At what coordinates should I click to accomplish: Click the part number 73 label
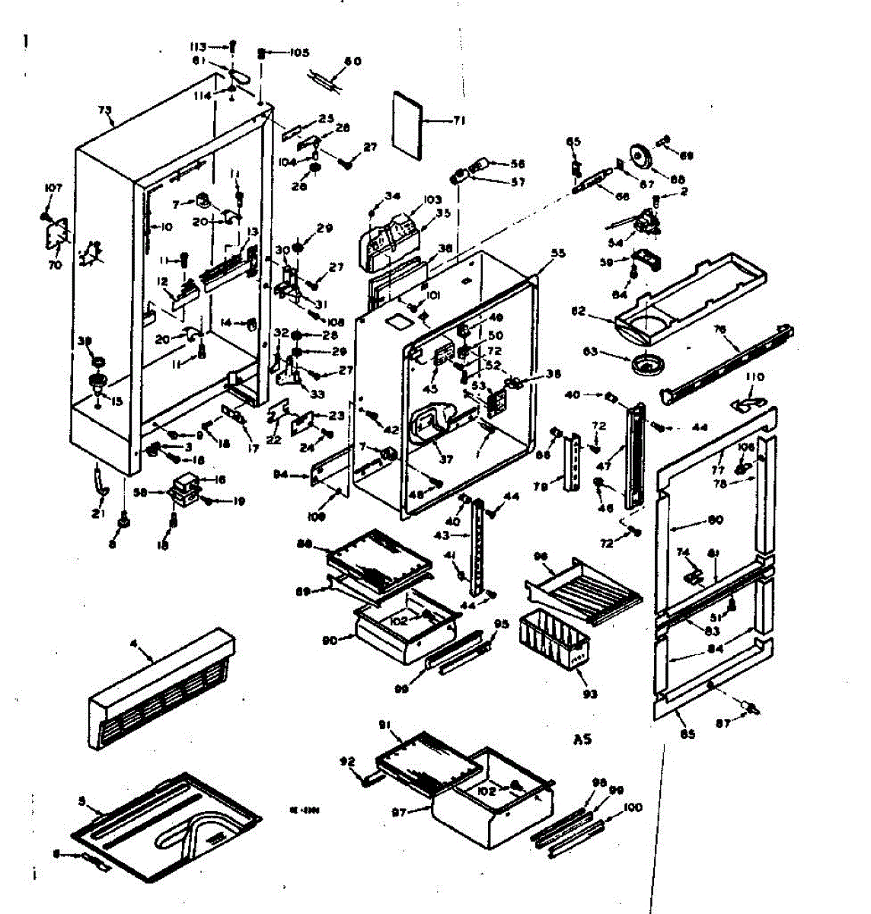tap(105, 110)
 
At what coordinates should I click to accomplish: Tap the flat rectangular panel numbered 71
tap(410, 125)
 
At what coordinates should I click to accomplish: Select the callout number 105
tap(298, 53)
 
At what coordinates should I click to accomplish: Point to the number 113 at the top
tap(198, 46)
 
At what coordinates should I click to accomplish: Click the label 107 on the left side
tap(53, 187)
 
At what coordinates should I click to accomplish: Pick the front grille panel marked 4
tap(160, 689)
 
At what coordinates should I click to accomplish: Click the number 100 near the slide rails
tap(633, 808)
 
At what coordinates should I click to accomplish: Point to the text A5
tap(582, 739)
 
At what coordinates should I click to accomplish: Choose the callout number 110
tap(754, 377)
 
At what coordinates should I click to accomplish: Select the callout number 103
tap(432, 200)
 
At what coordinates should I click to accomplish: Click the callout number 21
tap(97, 515)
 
